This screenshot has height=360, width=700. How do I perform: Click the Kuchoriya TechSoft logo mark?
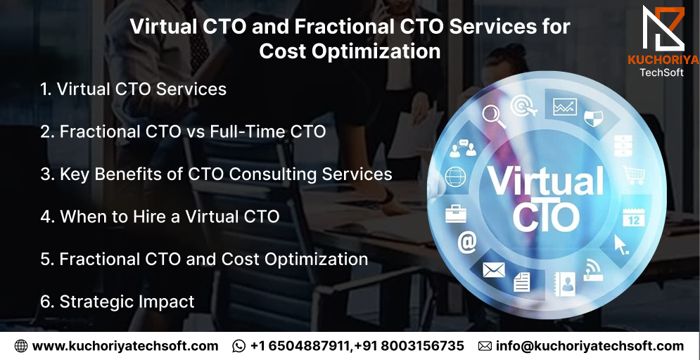[x=663, y=28]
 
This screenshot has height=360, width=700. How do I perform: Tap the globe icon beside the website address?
[x=20, y=346]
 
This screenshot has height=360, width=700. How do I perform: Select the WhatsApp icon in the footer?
[x=238, y=346]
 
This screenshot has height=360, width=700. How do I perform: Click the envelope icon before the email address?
[x=485, y=346]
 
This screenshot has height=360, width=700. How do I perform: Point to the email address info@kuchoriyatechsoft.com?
[x=590, y=346]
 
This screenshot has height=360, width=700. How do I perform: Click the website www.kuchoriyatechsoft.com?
[x=125, y=346]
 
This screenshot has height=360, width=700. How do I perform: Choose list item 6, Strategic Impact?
[x=117, y=302]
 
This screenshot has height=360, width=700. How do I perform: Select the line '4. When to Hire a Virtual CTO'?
[x=160, y=217]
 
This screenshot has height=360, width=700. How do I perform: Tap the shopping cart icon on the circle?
[x=634, y=175]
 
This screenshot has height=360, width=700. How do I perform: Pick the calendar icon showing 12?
[x=634, y=217]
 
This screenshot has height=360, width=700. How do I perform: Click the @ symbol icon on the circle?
[x=467, y=243]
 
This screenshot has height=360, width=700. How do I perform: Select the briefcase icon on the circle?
[x=455, y=214]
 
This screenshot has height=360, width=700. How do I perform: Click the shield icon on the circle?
[x=593, y=119]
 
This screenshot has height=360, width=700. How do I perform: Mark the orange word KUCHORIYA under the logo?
[x=663, y=60]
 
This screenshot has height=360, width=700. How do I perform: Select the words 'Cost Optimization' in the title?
[x=350, y=51]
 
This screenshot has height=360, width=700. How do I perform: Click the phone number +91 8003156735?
[x=410, y=346]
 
